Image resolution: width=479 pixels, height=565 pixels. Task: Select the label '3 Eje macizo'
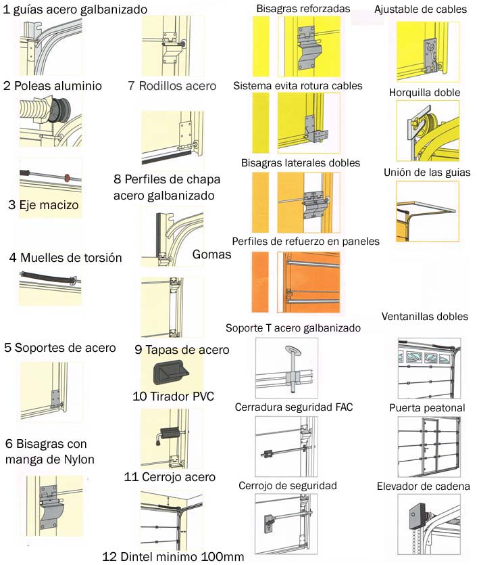click(x=43, y=204)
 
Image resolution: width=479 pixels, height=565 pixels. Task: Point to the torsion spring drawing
click(x=50, y=278)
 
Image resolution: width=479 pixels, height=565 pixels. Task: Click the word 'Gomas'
click(x=211, y=254)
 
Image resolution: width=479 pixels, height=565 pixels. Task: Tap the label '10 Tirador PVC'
click(x=174, y=396)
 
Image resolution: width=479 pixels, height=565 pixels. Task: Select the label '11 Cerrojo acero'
click(x=170, y=477)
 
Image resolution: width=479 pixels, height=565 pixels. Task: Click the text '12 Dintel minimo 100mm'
click(x=172, y=557)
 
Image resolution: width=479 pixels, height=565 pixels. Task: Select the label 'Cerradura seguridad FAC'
click(x=294, y=407)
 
